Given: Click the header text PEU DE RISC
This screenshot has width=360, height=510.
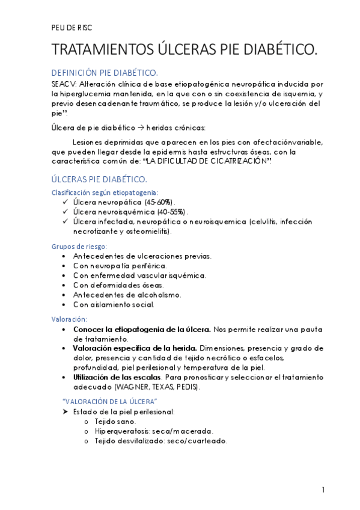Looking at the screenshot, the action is coord(72,28).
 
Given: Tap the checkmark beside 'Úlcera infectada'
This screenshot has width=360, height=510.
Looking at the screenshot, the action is coord(65,221).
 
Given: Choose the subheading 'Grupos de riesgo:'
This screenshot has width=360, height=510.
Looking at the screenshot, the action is coord(79,246).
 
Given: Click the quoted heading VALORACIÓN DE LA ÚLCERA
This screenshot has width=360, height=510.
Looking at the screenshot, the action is coord(110,401).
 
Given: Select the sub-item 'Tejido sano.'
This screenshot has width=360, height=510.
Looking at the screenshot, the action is coord(115,421).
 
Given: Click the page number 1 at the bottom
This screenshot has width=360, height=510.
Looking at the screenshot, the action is coord(323,490).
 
